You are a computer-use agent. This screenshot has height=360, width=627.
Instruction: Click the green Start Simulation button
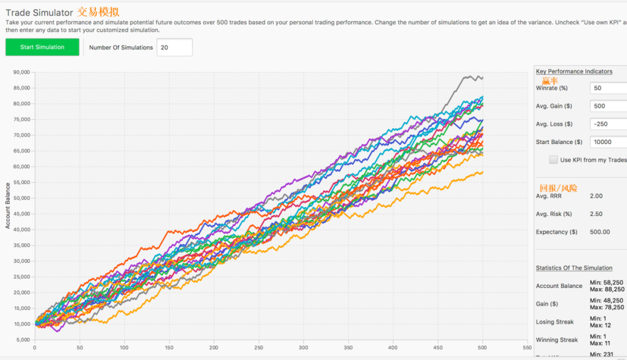[42, 47]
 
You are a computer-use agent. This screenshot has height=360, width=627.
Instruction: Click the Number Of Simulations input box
[174, 48]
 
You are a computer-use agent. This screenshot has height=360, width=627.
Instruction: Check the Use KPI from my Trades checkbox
[553, 160]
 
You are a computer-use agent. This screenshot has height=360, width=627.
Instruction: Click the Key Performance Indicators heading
[574, 71]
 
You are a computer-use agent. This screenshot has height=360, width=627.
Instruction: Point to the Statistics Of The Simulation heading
[574, 268]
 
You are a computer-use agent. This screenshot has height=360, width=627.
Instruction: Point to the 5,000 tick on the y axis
[22, 339]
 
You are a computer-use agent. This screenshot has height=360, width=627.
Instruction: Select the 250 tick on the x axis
[258, 348]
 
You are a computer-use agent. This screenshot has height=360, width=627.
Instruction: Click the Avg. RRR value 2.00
[596, 196]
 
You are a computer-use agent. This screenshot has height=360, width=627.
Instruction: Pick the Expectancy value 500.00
[599, 232]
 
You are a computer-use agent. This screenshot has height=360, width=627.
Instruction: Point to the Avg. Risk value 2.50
[596, 214]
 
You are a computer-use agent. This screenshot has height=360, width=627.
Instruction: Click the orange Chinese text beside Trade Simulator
[98, 12]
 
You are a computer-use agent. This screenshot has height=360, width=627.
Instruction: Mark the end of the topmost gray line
[482, 78]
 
